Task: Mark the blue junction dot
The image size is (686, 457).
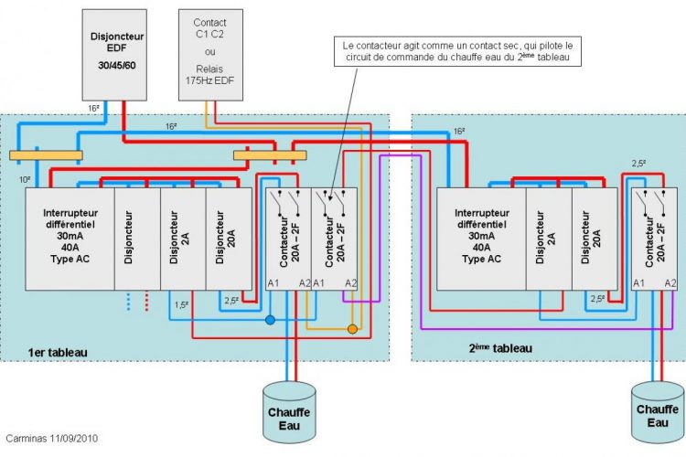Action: coord(270,321)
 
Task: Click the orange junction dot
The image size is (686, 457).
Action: coord(352,328)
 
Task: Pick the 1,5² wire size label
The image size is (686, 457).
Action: coord(181,304)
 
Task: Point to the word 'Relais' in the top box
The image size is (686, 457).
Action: coord(210,69)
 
